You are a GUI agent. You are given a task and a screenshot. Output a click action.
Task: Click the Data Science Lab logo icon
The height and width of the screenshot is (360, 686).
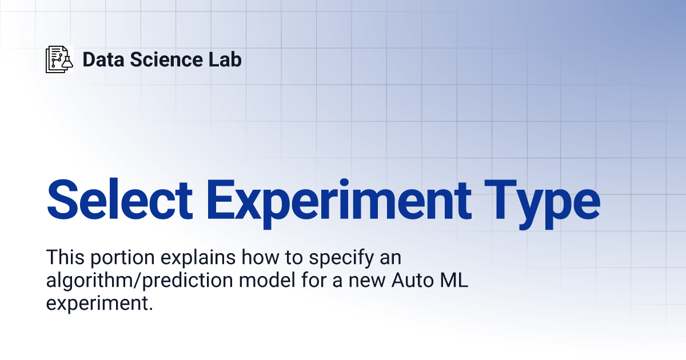59,59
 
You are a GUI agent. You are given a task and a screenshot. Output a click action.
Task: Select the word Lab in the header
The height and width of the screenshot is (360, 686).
225,59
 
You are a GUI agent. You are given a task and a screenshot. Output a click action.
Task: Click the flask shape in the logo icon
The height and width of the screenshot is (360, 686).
67,62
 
